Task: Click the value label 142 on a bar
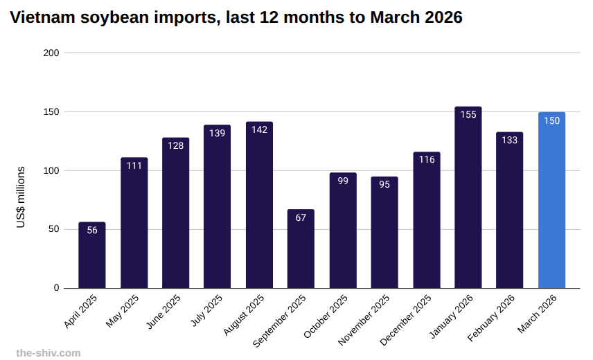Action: [259, 130]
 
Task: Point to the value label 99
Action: [343, 181]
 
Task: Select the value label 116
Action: [426, 160]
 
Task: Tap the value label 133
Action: [509, 140]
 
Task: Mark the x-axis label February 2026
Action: [493, 317]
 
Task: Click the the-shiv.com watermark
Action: [48, 353]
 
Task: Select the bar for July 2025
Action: [217, 208]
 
